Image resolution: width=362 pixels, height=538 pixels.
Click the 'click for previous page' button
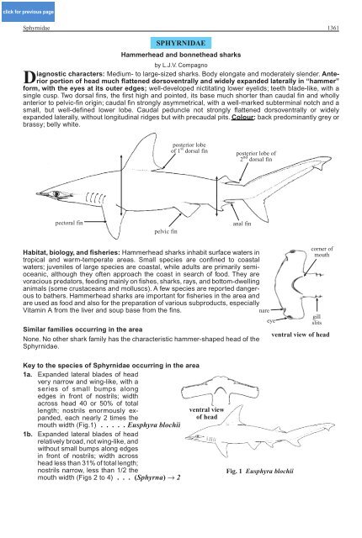click(28, 12)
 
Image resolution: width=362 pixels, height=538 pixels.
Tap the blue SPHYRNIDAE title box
click(181, 43)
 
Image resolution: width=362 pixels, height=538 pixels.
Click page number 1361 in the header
click(333, 28)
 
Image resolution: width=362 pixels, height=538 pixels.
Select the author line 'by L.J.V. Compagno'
click(181, 65)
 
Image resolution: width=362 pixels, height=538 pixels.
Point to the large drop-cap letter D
click(29, 77)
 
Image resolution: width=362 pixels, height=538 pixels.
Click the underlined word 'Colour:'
click(243, 118)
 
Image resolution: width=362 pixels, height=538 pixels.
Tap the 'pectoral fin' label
click(69, 223)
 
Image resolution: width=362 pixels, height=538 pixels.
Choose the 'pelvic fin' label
click(166, 232)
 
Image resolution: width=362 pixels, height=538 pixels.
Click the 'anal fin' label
click(242, 224)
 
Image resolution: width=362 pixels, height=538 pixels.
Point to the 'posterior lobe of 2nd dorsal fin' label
click(256, 156)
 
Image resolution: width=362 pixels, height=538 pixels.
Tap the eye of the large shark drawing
click(57, 194)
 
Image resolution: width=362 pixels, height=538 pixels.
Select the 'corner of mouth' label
click(322, 252)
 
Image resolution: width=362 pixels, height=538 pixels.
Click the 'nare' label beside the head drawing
click(264, 311)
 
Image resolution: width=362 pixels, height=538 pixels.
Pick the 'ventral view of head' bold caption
click(301, 335)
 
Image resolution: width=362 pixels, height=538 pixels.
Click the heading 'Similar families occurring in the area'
click(83, 330)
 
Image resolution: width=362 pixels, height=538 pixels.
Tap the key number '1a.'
click(28, 374)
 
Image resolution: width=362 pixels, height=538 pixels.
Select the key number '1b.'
click(28, 434)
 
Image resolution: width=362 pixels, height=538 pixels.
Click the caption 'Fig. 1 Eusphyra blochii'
click(259, 471)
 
